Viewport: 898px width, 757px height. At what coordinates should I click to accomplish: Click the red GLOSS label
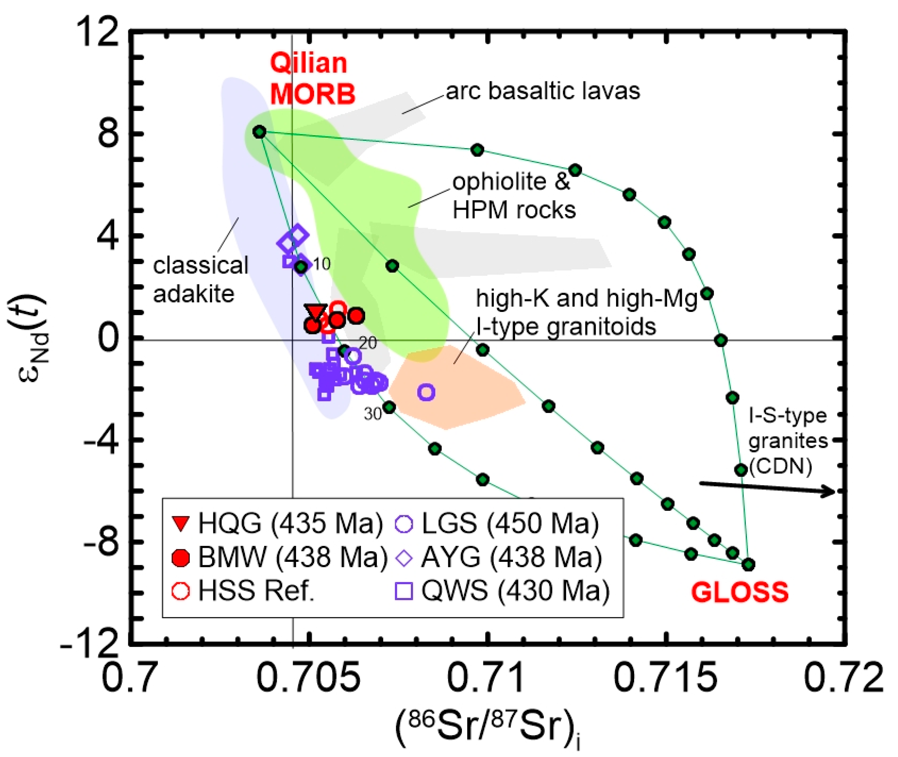(739, 593)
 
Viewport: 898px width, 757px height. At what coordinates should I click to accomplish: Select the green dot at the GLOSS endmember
(749, 565)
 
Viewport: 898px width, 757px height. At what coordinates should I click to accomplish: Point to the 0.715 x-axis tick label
(665, 678)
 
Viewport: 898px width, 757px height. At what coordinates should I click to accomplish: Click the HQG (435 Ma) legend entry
(277, 523)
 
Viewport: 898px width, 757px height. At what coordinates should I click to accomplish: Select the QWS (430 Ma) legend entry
(502, 591)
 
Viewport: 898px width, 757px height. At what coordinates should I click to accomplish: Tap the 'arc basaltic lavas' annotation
(543, 91)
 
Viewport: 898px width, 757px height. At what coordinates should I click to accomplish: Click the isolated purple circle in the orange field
(426, 392)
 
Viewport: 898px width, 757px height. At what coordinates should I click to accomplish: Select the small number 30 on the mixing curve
(373, 414)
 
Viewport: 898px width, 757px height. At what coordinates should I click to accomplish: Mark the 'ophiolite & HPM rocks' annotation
(513, 196)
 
